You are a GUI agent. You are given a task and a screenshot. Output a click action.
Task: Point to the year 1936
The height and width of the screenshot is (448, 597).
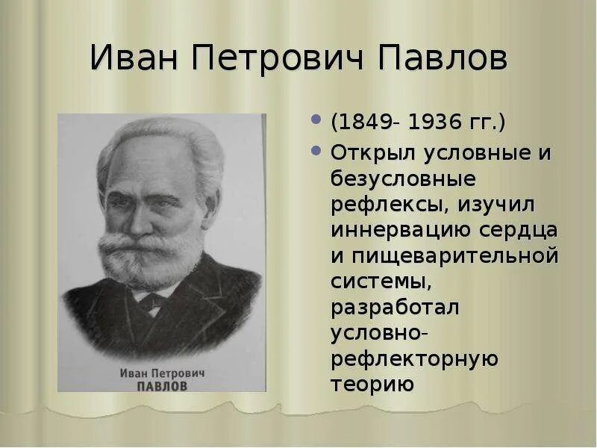434,121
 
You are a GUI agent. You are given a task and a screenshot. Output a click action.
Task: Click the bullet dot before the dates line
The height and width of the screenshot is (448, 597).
316,119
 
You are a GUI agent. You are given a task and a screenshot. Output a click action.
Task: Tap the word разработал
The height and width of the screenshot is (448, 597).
396,307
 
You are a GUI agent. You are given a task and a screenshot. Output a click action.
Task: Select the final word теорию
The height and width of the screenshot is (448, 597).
372,384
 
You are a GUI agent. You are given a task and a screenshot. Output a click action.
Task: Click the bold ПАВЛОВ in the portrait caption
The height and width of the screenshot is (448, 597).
162,386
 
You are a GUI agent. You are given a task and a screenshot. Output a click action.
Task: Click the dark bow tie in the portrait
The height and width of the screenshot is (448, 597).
151,301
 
